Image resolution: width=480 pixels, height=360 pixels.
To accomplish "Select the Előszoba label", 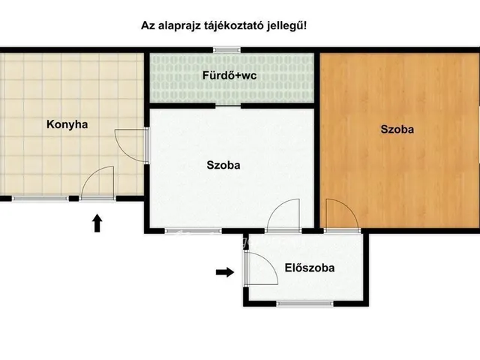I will pos(309,267).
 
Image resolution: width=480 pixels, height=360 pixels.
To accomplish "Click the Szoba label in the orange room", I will pos(397,129).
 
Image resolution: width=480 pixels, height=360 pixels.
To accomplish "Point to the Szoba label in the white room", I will pos(223,166).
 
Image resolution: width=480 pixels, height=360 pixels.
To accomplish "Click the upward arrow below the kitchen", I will pos(97,223).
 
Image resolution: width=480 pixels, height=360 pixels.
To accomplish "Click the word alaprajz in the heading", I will pos(180,25).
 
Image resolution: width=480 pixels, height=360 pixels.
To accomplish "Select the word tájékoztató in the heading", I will pos(235,25).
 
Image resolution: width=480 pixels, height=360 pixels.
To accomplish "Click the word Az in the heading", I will pos(148,25).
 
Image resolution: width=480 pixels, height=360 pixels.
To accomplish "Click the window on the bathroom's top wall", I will pos(224,50).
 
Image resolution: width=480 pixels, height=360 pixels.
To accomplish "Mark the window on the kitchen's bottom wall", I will pos(40,199).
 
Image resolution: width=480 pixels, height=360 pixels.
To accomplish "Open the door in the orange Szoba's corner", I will pos(341,214).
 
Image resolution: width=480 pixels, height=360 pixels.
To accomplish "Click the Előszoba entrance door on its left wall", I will pos(255,267).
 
